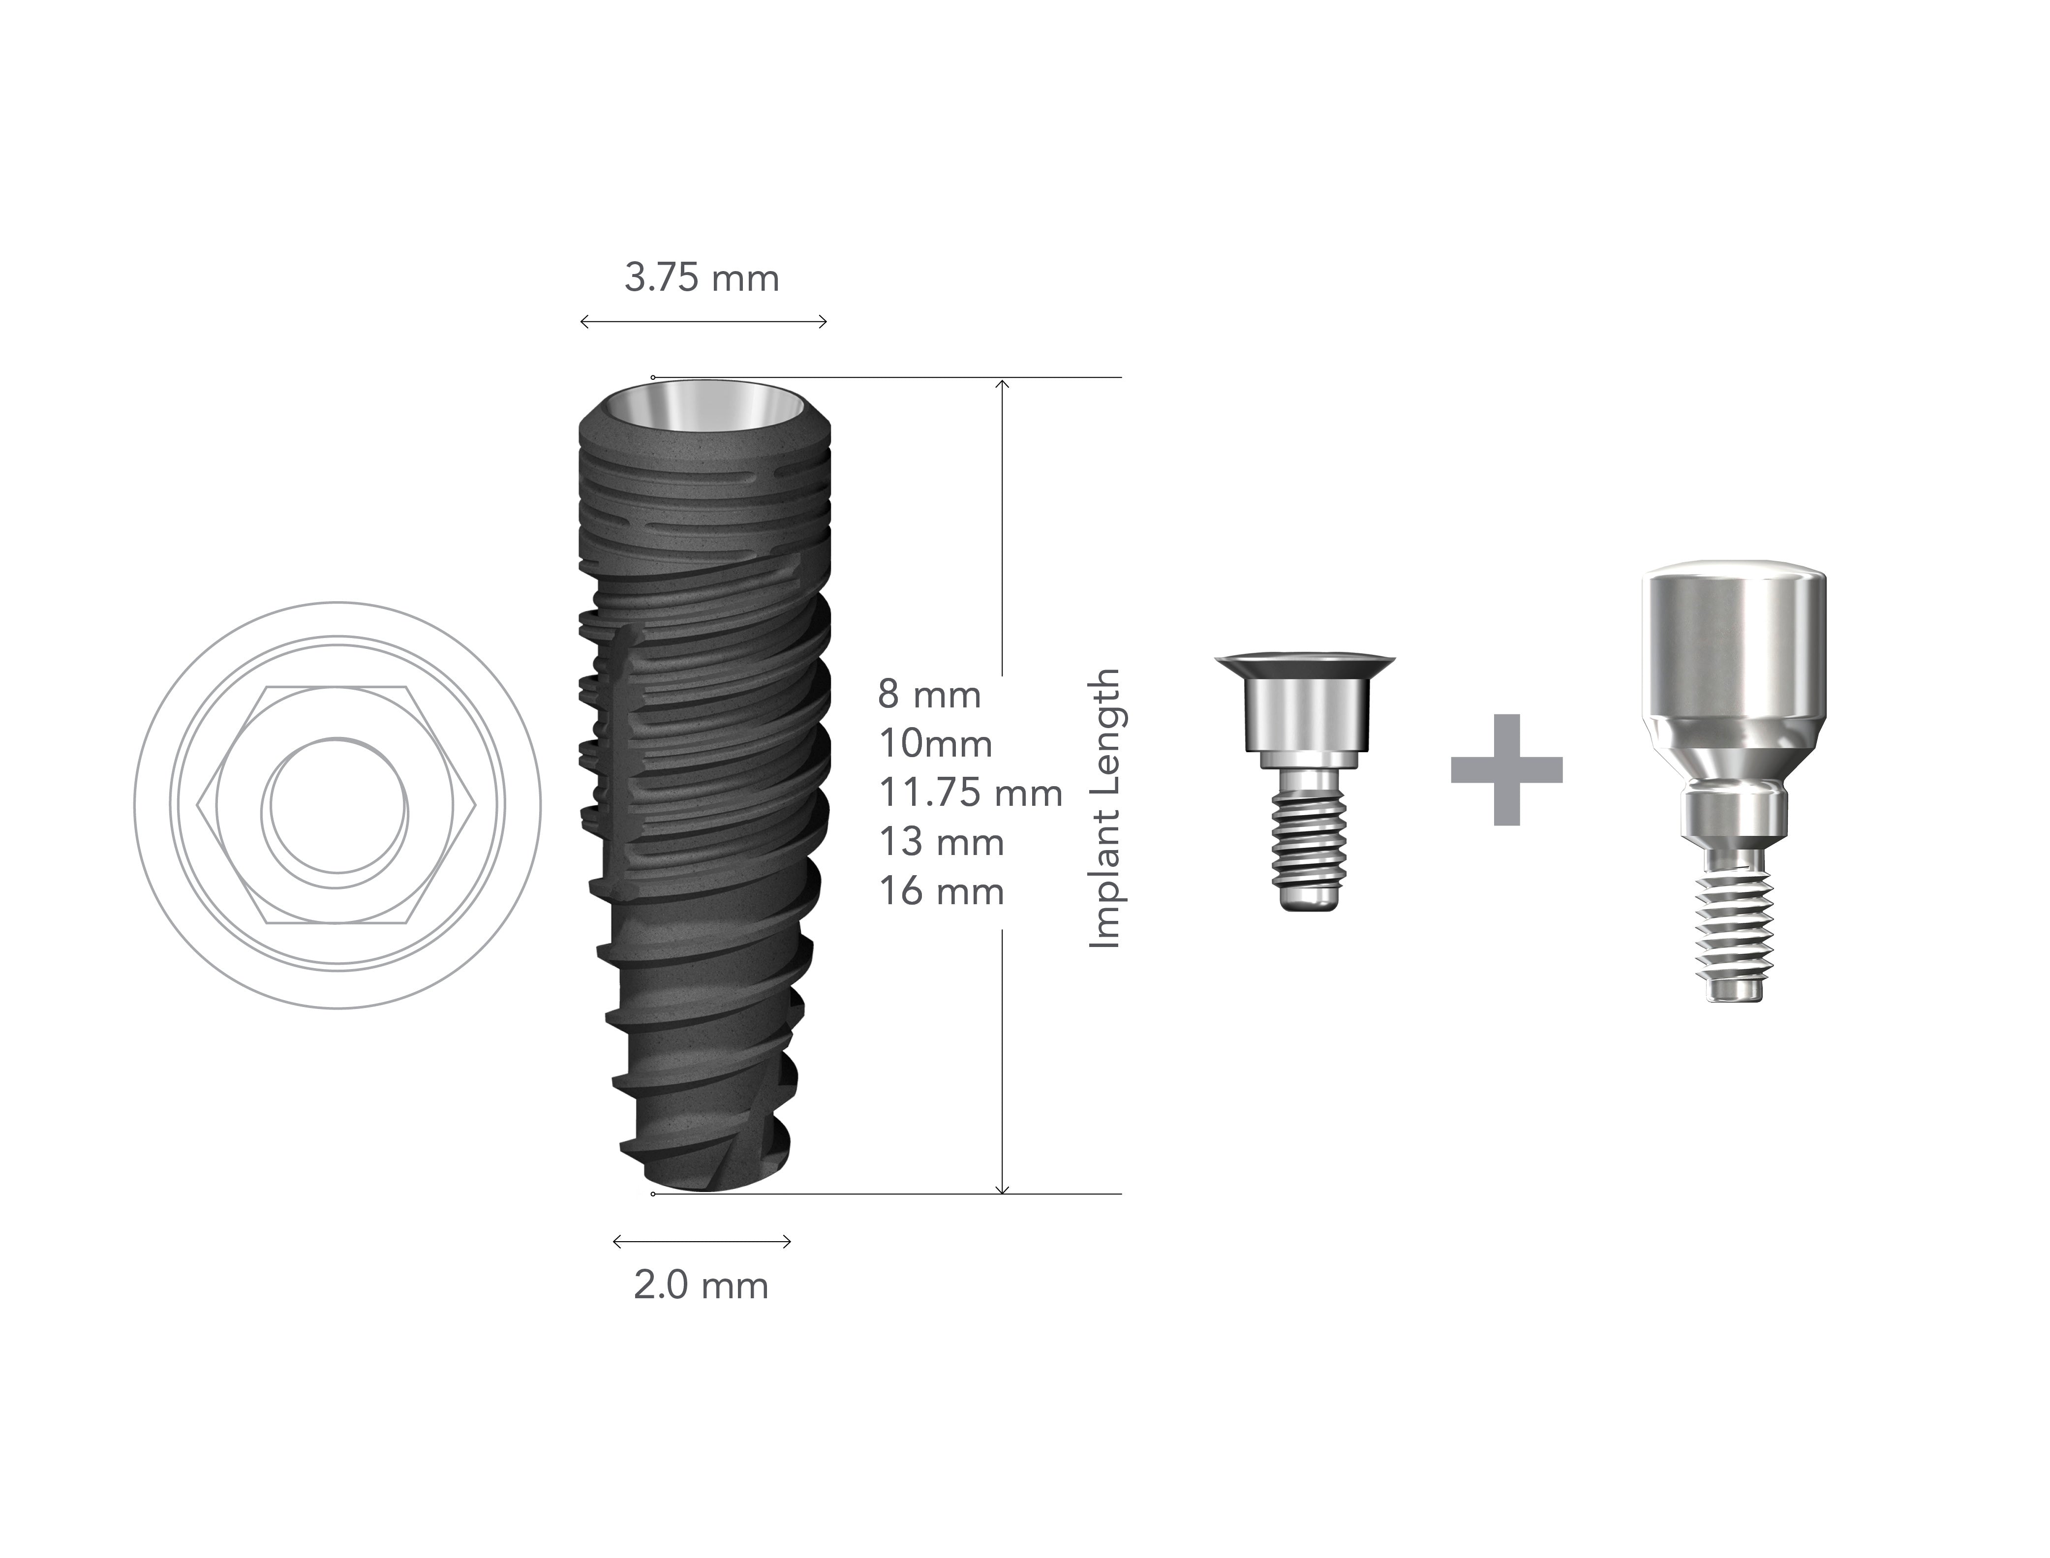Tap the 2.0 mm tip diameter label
pos(701,1286)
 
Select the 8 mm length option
pos(929,695)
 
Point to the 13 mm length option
pos(941,842)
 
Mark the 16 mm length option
pos(941,891)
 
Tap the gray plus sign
pos(1507,770)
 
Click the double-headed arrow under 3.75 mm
pos(703,322)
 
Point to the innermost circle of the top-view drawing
pos(336,805)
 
